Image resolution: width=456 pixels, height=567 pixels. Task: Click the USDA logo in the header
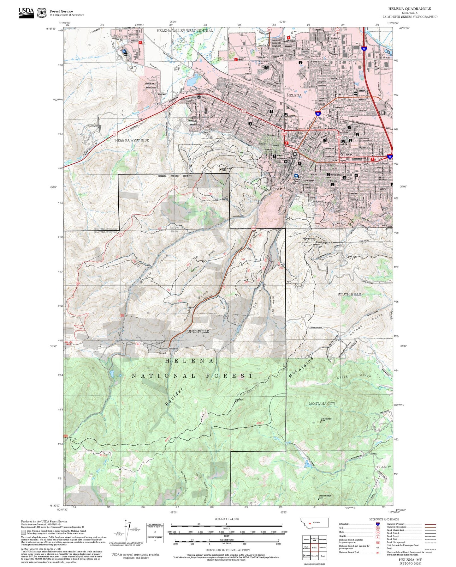pos(26,13)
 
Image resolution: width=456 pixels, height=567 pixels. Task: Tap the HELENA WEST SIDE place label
pos(132,140)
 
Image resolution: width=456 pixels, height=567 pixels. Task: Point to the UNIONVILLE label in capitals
pos(198,332)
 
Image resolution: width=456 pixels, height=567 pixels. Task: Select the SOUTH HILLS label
pos(349,294)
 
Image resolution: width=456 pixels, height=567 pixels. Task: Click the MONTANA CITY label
pos(322,404)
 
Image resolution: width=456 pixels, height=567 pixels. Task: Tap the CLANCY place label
pos(384,467)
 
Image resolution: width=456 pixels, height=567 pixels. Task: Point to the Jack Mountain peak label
pos(326,419)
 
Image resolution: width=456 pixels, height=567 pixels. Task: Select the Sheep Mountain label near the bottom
pos(325,496)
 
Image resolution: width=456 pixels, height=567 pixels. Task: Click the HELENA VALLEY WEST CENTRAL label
pos(185,31)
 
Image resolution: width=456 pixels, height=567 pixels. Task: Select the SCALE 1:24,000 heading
pos(227,519)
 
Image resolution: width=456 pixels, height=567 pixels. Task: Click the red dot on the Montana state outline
pos(310,523)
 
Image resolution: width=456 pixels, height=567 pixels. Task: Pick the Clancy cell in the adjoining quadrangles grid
pos(323,556)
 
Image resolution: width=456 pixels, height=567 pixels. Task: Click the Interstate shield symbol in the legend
pos(378,524)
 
